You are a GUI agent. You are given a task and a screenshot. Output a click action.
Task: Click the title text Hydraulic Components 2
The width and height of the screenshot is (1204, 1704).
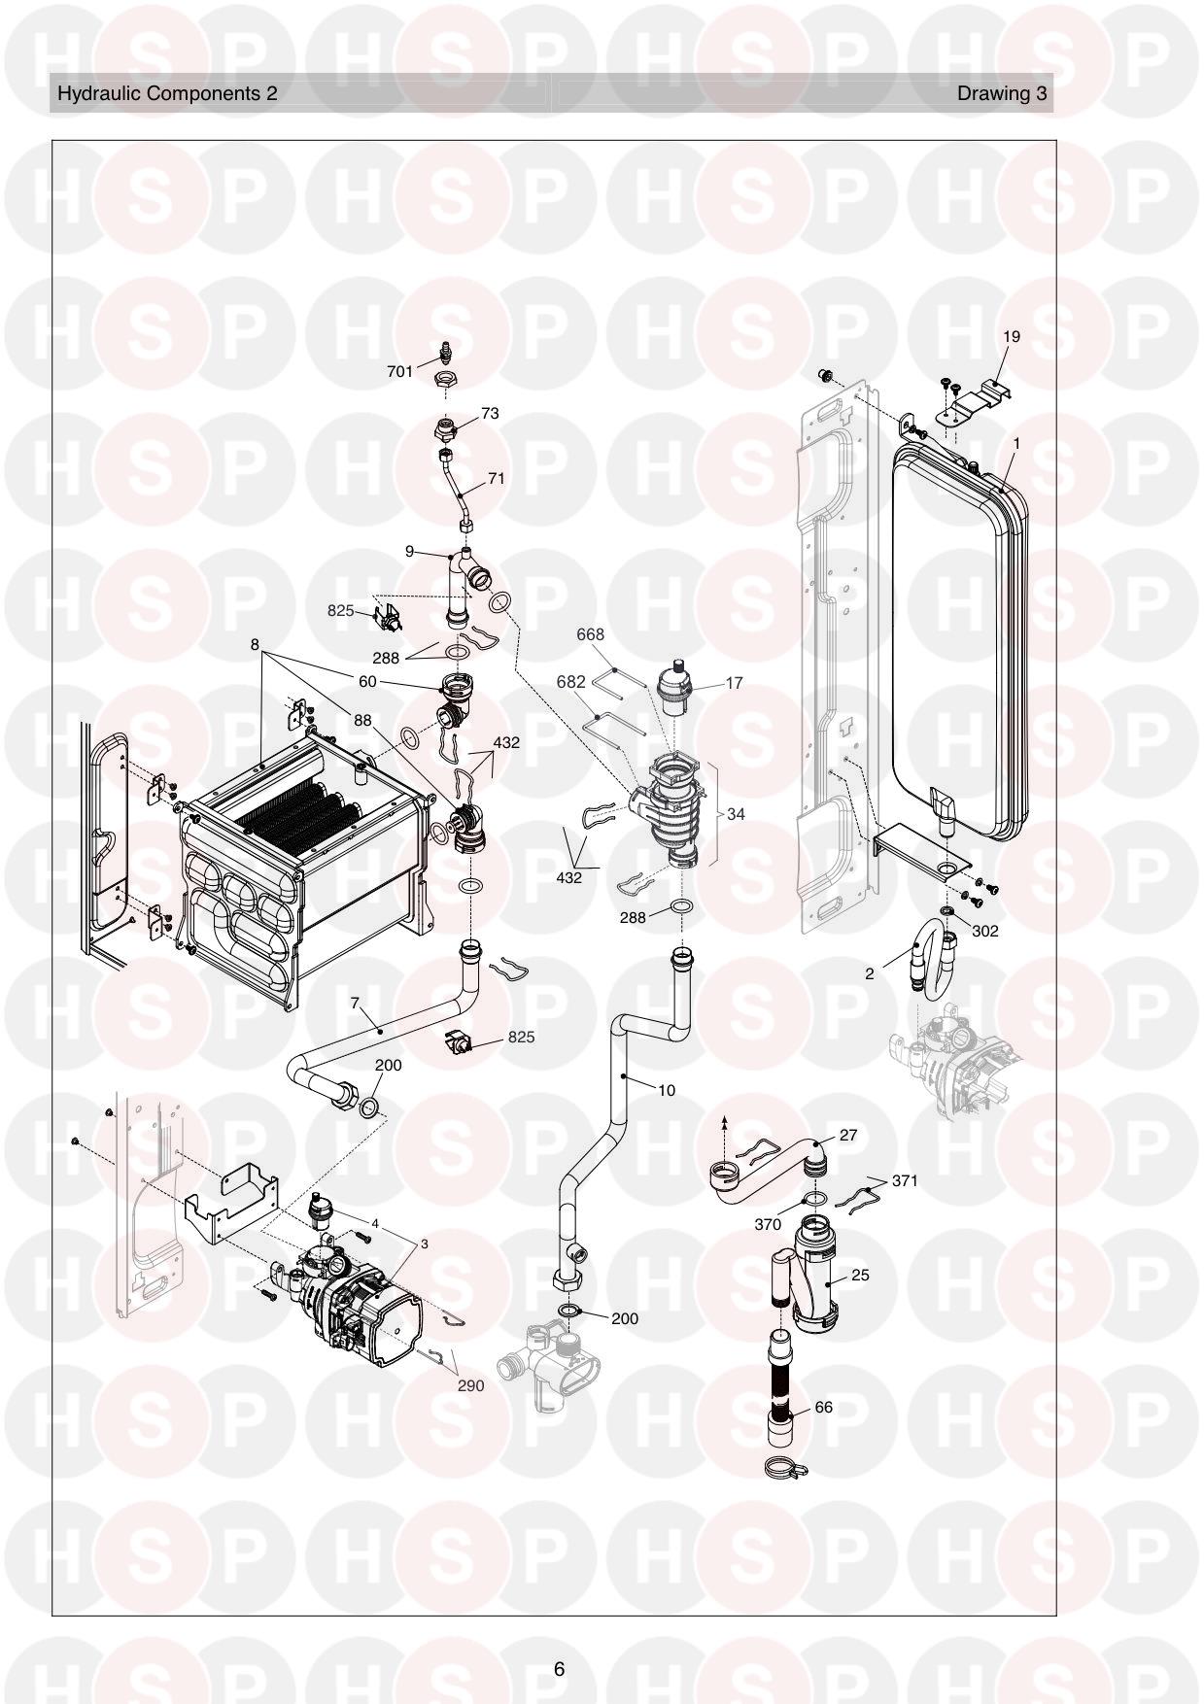click(x=167, y=93)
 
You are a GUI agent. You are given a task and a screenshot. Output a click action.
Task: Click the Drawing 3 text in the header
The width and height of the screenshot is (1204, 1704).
click(x=1002, y=93)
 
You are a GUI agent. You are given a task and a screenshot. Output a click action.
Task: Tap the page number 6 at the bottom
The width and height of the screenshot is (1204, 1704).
click(x=559, y=1669)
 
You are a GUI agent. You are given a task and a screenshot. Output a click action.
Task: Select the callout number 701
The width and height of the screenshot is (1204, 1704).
click(x=399, y=371)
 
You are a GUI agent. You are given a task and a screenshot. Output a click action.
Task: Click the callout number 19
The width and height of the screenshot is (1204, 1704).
click(x=1012, y=337)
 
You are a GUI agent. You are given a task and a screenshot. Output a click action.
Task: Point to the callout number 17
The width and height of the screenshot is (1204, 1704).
click(x=734, y=683)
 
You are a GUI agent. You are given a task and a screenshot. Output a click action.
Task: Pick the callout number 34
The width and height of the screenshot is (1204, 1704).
click(x=736, y=814)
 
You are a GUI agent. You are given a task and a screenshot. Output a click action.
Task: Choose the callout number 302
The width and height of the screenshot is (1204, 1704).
click(x=985, y=931)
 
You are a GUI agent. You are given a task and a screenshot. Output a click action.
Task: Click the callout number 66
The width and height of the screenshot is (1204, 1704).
click(x=823, y=1407)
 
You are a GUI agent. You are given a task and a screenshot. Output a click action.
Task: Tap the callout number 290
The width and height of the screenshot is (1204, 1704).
click(x=470, y=1385)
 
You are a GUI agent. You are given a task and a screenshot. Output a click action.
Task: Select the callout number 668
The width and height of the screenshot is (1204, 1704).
click(x=590, y=634)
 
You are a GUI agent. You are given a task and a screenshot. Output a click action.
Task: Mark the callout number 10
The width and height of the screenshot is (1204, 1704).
click(x=666, y=1090)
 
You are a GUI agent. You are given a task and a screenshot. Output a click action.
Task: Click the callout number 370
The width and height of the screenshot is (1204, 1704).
click(x=768, y=1224)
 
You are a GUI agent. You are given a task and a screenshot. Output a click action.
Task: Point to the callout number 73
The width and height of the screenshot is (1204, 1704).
click(x=490, y=413)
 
